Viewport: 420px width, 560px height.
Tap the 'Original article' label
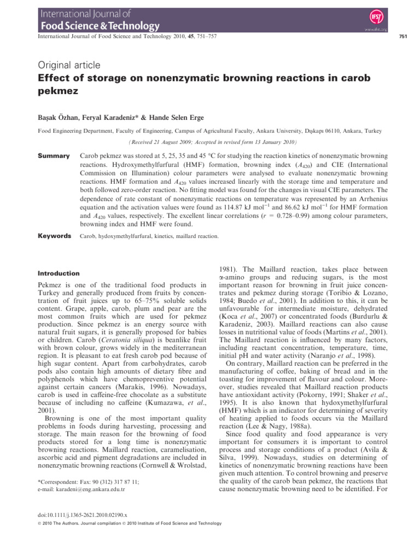point(68,65)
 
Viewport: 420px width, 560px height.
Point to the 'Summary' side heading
point(54,156)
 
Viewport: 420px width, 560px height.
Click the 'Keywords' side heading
point(55,236)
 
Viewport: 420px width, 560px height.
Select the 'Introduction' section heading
point(58,273)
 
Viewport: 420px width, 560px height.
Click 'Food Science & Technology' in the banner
point(98,25)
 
